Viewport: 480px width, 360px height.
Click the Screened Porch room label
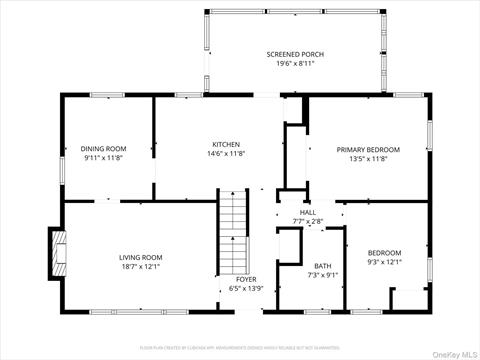(x=295, y=54)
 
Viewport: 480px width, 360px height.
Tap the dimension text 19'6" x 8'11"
(x=295, y=63)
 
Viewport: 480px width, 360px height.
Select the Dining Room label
(x=104, y=149)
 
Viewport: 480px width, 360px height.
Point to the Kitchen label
(x=226, y=144)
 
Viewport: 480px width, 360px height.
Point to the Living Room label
(x=140, y=257)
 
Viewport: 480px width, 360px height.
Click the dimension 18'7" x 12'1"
(x=140, y=266)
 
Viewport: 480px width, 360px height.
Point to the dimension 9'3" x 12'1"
(x=384, y=261)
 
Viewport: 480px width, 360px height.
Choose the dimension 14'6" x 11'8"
(x=226, y=153)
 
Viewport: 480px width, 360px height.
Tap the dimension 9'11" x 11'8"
(x=104, y=158)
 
